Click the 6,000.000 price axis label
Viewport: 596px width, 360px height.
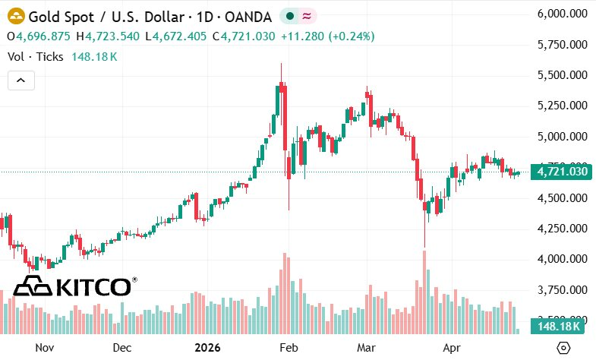tap(562, 14)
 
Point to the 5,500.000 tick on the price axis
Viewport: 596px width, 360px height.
tap(562, 75)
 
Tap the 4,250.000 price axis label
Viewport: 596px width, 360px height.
tap(562, 228)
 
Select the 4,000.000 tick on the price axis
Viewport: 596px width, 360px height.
tap(562, 259)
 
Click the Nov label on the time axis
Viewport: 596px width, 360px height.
tap(44, 347)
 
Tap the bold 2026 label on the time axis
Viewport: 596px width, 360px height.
tap(207, 347)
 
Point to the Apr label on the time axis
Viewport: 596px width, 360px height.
tap(452, 347)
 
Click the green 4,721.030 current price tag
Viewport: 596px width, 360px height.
tap(562, 172)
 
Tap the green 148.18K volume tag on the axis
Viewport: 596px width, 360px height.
tap(558, 327)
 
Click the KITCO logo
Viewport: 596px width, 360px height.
tap(74, 286)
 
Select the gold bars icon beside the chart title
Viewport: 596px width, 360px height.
tap(15, 15)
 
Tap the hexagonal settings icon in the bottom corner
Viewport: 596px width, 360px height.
tap(564, 347)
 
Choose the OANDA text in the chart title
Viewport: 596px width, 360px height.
tap(248, 15)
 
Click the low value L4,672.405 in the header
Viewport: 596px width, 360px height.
tap(177, 36)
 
